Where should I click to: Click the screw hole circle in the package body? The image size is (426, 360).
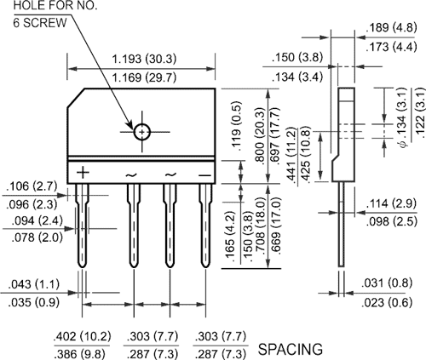(141, 131)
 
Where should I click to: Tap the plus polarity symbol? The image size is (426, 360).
(83, 173)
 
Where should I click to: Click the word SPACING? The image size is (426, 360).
(290, 349)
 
